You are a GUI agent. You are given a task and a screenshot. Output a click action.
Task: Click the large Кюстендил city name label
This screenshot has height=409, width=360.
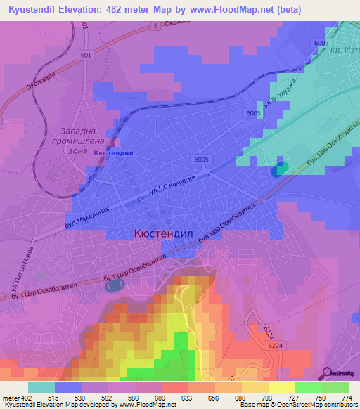coord(162,233)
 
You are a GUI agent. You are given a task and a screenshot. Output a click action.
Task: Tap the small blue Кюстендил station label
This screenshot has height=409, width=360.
coord(113,152)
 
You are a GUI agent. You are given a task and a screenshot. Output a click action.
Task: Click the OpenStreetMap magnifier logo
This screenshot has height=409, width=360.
coord(326,372)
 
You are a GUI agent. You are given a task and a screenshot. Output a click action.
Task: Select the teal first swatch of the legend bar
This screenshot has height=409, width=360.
coord(41,387)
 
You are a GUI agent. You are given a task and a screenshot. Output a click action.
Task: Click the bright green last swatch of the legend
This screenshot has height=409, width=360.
coord(335,387)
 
